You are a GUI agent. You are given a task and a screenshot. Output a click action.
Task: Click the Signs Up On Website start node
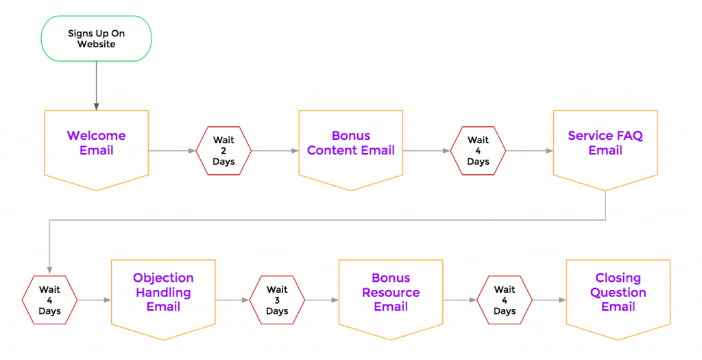(x=96, y=38)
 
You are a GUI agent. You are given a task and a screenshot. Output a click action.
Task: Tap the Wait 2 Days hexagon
(x=223, y=151)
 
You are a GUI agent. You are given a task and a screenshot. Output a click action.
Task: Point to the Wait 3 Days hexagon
(x=277, y=300)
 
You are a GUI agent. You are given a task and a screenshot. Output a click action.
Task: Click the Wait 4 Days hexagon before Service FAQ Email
(x=478, y=151)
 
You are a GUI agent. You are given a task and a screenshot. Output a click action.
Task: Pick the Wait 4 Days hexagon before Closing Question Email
(x=505, y=300)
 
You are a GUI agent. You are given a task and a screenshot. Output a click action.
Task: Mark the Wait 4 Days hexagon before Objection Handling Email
(x=49, y=300)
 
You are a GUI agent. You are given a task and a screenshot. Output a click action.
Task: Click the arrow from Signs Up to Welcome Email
(x=96, y=86)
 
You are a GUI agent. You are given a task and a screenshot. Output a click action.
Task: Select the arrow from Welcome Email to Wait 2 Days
(x=172, y=151)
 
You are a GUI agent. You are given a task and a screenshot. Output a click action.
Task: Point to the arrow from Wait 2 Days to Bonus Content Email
(x=275, y=151)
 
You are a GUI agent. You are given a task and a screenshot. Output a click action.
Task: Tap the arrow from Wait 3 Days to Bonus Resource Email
(x=322, y=300)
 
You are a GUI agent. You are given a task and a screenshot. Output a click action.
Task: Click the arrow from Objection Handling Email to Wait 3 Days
(x=232, y=300)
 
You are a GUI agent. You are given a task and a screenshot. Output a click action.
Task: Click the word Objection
(x=163, y=278)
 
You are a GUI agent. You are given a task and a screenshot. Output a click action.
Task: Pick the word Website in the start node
(x=96, y=45)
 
